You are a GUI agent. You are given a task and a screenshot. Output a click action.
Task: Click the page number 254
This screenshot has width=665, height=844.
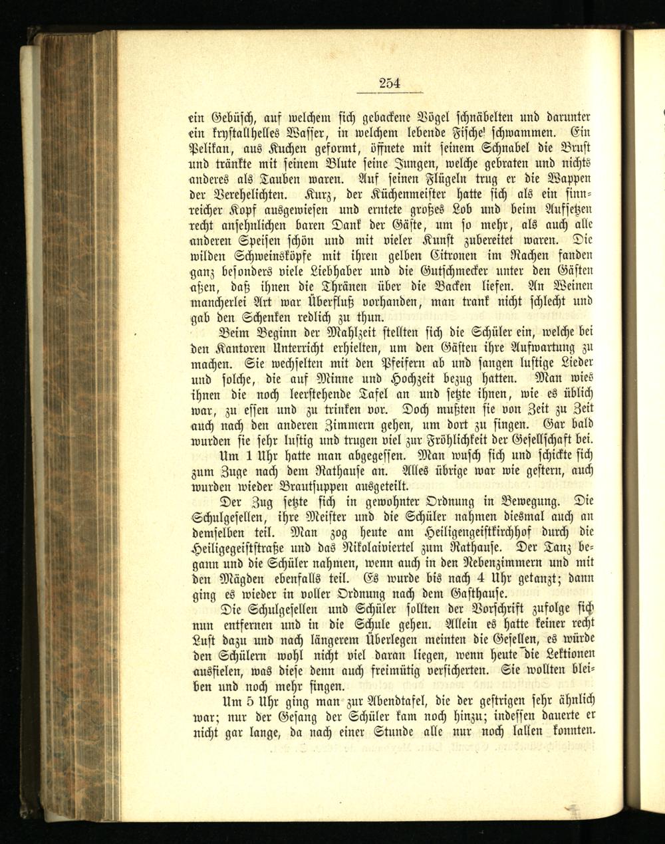(390, 83)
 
